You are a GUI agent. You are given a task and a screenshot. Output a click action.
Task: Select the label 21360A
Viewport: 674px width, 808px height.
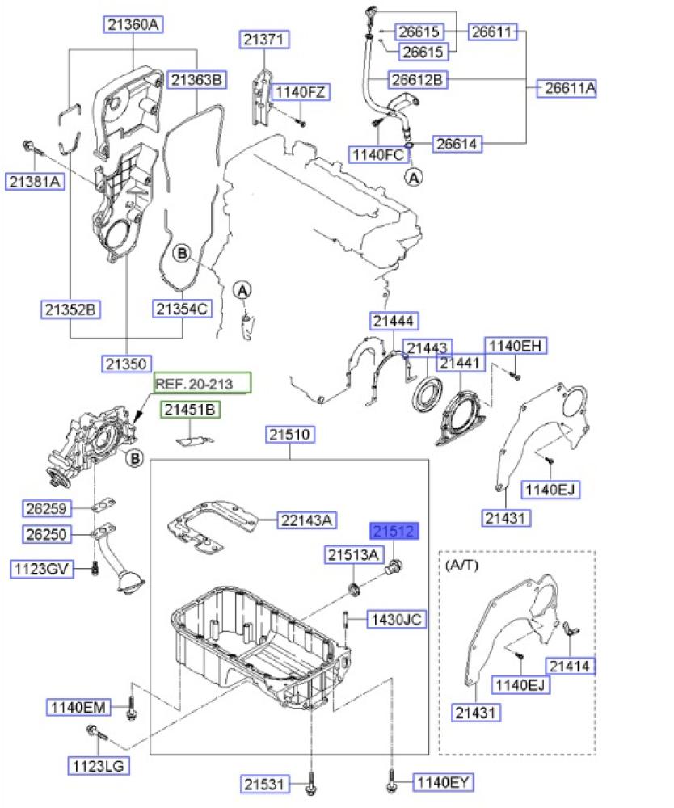point(133,25)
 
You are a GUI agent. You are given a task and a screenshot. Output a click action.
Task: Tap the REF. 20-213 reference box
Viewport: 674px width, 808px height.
point(203,384)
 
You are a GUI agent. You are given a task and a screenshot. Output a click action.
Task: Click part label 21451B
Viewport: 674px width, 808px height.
point(189,410)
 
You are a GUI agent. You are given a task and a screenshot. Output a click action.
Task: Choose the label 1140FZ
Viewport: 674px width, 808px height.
point(300,92)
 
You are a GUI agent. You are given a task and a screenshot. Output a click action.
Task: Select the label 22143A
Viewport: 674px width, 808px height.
point(306,521)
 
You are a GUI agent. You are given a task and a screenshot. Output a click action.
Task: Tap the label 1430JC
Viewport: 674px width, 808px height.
point(396,620)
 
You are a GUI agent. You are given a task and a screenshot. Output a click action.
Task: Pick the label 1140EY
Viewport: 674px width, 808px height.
point(443,781)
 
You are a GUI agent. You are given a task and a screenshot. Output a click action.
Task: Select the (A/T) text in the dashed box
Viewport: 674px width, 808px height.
point(462,565)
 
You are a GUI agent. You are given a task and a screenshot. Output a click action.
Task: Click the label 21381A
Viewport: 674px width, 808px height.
point(36,182)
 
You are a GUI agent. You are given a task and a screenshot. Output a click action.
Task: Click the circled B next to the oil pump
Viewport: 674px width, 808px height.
point(135,460)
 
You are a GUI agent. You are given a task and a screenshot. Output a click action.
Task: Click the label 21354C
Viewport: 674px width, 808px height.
point(183,308)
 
